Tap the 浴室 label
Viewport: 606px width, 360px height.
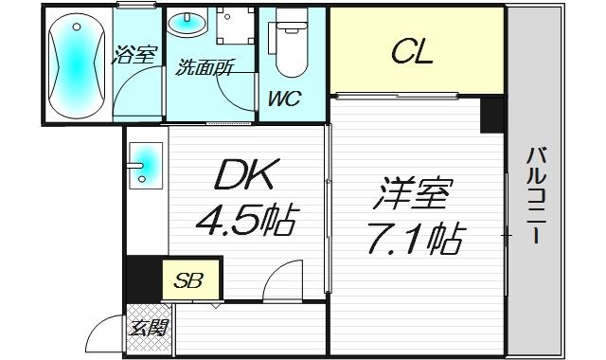(135, 54)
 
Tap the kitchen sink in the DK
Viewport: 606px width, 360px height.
(145, 163)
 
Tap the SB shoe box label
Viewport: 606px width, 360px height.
(190, 279)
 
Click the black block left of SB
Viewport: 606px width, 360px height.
(142, 278)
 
